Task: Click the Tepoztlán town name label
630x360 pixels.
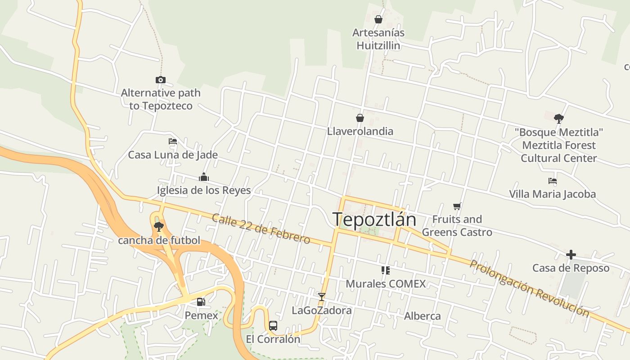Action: tap(374, 219)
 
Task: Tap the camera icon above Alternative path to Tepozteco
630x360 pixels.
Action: tap(161, 80)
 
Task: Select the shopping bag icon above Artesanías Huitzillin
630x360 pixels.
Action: tap(378, 19)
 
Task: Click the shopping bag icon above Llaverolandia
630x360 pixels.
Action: tap(360, 118)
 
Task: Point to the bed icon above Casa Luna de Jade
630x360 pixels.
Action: tap(173, 141)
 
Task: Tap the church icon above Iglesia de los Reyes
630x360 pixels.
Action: tap(204, 177)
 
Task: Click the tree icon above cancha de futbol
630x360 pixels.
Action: tap(158, 226)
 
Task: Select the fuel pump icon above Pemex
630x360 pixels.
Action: tap(201, 302)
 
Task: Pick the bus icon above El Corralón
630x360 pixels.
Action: tap(273, 325)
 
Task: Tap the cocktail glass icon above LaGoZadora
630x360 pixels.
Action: tap(321, 297)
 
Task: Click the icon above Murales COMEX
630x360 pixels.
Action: tap(386, 270)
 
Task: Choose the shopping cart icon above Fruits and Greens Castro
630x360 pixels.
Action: tap(457, 206)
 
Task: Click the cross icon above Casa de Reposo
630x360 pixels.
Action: tap(571, 255)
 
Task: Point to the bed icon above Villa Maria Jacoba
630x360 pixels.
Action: tap(553, 181)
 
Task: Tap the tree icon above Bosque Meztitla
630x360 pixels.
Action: tap(559, 118)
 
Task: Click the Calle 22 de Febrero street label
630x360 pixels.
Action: tap(261, 229)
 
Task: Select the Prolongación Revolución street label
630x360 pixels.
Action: tap(529, 288)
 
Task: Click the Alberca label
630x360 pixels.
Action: tap(422, 316)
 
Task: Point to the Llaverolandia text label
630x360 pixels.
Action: tap(360, 131)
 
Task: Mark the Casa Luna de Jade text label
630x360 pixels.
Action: tap(173, 155)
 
